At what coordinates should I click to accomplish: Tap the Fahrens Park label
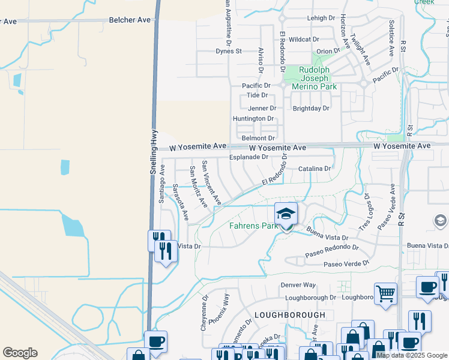coord(254,226)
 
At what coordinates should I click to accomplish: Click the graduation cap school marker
coord(286,214)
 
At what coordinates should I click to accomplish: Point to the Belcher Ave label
coord(130,20)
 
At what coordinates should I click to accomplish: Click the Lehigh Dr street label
coord(321,19)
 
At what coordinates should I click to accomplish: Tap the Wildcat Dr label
coord(304,39)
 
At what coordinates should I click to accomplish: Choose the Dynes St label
coord(229,52)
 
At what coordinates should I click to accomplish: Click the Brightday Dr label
coord(311,109)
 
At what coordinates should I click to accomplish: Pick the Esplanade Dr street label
coord(249,157)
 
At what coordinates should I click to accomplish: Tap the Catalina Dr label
coord(315,169)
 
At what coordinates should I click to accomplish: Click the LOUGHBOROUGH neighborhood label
coord(289,314)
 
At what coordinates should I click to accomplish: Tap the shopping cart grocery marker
coord(386,294)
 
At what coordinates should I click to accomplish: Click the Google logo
coord(20,353)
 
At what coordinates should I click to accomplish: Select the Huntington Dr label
coord(253,119)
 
